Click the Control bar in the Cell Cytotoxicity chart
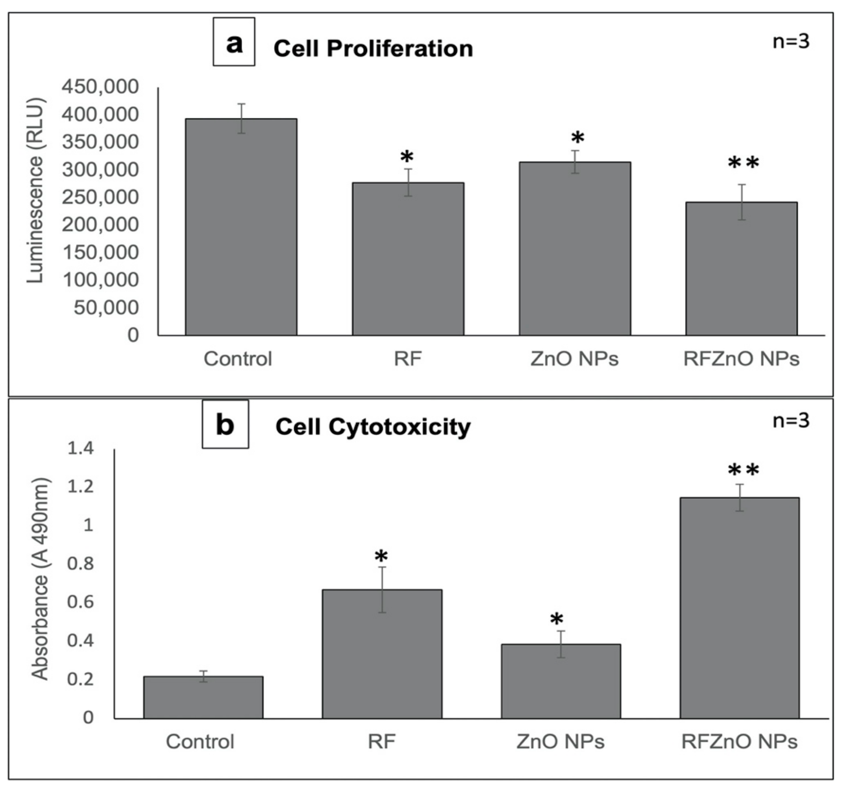tap(203, 697)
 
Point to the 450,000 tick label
tap(100, 87)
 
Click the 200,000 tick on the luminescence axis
tap(100, 225)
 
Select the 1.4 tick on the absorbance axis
tap(81, 448)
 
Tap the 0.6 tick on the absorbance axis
tap(81, 602)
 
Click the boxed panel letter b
tap(225, 424)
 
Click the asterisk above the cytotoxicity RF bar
tap(381, 557)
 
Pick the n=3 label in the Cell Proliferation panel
tap(791, 42)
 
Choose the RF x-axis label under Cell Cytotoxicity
tap(382, 741)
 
